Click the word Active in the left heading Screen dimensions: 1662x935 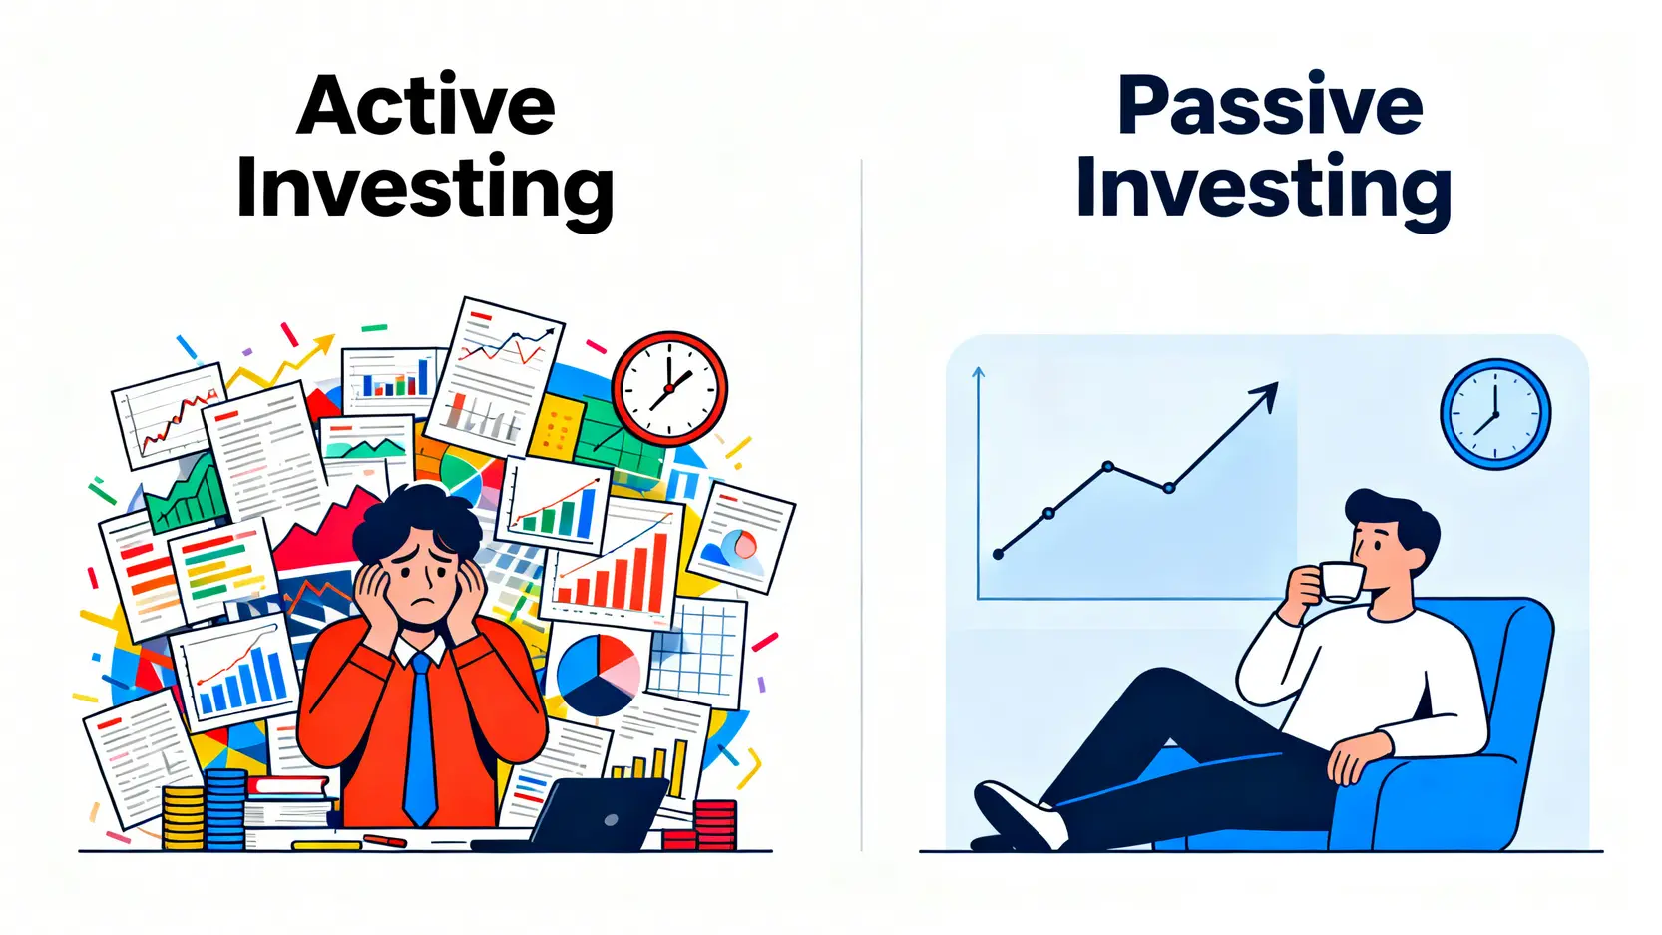tap(426, 105)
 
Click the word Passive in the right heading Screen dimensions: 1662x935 tap(1270, 105)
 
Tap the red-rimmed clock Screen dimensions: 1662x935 tap(669, 389)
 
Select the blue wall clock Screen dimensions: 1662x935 tap(1495, 414)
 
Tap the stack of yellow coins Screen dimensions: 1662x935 tap(184, 817)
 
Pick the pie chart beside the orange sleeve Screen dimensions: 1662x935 tap(598, 675)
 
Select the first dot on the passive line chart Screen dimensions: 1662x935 tap(998, 554)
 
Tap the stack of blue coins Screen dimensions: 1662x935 tap(225, 809)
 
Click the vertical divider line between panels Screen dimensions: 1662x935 tap(861, 505)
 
